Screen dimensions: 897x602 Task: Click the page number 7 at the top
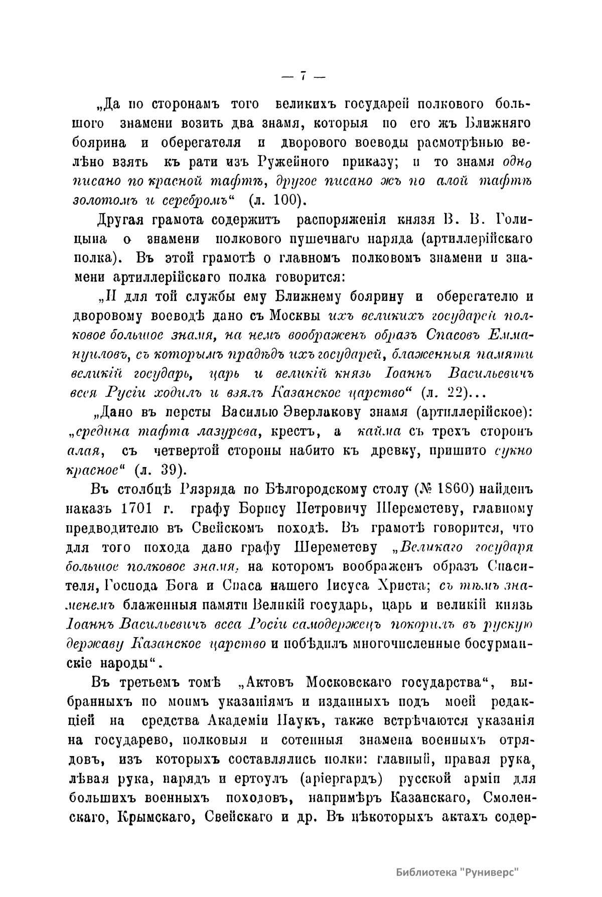point(303,76)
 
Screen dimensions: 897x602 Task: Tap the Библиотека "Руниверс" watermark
point(457,872)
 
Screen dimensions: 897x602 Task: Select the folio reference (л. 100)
point(277,199)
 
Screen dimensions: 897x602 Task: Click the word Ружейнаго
point(293,162)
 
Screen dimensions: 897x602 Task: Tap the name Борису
point(261,508)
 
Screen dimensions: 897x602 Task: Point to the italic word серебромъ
point(196,199)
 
